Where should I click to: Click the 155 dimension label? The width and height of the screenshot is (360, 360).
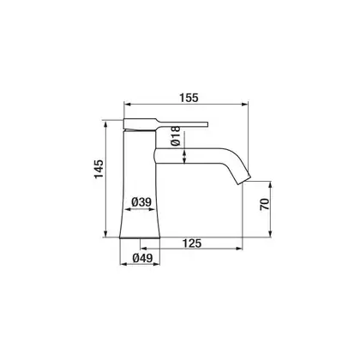pos(189,98)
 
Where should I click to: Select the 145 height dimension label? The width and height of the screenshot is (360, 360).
pos(99,169)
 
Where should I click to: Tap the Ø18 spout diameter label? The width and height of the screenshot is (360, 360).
pos(177,136)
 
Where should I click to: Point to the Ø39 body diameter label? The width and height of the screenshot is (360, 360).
pos(141,202)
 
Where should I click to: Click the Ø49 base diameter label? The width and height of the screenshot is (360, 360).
pos(142,258)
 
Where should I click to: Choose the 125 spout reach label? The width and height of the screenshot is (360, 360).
pos(192,243)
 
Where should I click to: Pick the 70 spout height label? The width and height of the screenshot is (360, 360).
pos(265,204)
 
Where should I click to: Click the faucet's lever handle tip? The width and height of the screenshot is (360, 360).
pos(207,124)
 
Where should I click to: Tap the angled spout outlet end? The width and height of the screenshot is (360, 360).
pos(244,180)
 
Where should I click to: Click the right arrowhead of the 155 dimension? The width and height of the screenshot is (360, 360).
pos(245,105)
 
